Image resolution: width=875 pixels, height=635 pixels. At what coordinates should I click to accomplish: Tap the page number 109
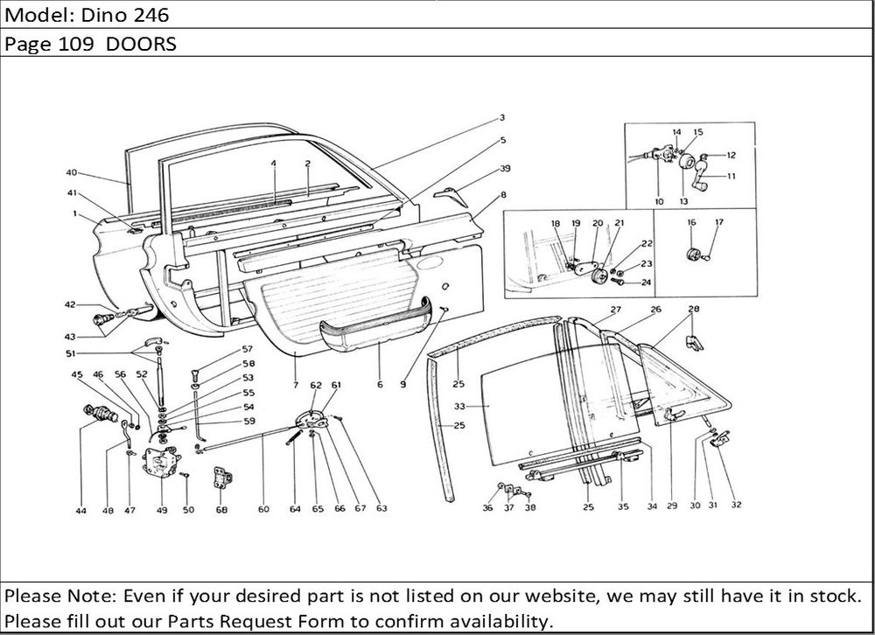[81, 44]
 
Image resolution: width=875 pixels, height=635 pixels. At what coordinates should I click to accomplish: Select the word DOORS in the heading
[141, 44]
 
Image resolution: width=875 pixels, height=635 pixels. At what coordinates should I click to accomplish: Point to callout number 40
[72, 172]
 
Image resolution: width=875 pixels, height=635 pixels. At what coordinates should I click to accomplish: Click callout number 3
[503, 117]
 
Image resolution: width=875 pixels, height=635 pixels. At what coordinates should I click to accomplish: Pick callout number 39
[506, 168]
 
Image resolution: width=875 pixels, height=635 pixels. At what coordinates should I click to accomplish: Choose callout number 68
[222, 510]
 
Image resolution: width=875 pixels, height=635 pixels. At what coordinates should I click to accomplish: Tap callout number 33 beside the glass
[459, 406]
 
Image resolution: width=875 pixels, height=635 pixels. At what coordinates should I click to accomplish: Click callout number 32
[736, 505]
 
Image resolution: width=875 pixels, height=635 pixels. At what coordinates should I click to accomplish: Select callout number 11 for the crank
[731, 177]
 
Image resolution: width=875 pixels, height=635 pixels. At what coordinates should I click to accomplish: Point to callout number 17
[719, 223]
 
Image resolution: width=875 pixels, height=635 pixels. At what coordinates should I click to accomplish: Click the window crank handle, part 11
[703, 182]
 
